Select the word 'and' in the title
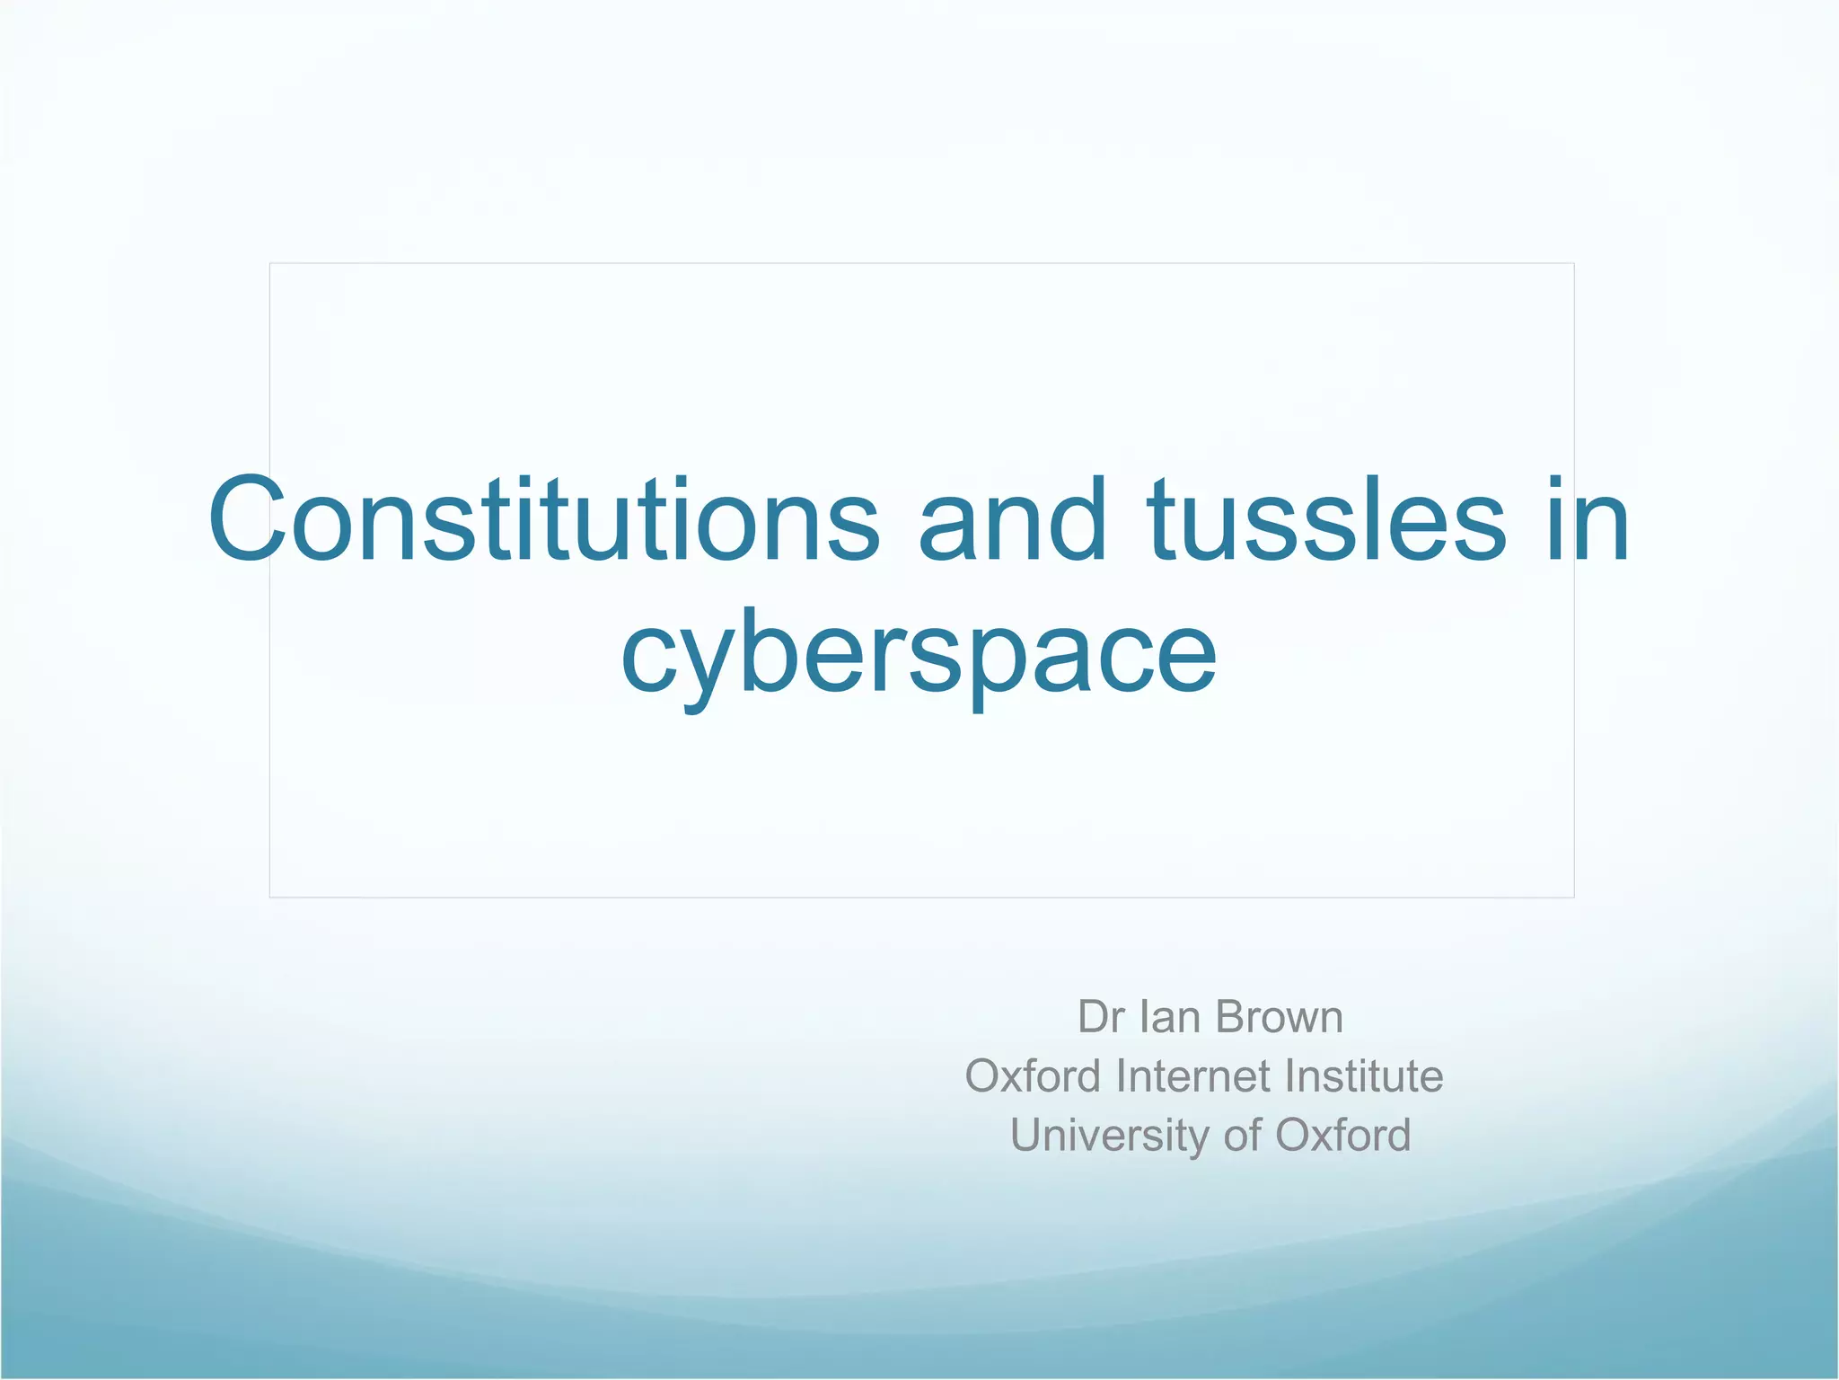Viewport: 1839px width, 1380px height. [1012, 521]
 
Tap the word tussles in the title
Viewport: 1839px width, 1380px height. [1325, 521]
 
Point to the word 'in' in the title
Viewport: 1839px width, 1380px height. [1587, 521]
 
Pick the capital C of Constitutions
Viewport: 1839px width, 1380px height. [248, 521]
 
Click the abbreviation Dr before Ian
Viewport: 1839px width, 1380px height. [1101, 1017]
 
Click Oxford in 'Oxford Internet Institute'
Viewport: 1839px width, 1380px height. [1033, 1075]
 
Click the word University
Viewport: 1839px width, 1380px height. [1110, 1135]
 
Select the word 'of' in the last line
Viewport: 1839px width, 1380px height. [1242, 1135]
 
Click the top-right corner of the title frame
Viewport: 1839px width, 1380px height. [1574, 263]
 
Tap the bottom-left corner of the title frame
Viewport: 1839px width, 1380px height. [270, 897]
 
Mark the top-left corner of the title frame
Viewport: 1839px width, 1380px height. [270, 263]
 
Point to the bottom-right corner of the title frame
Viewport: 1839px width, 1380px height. [1574, 897]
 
